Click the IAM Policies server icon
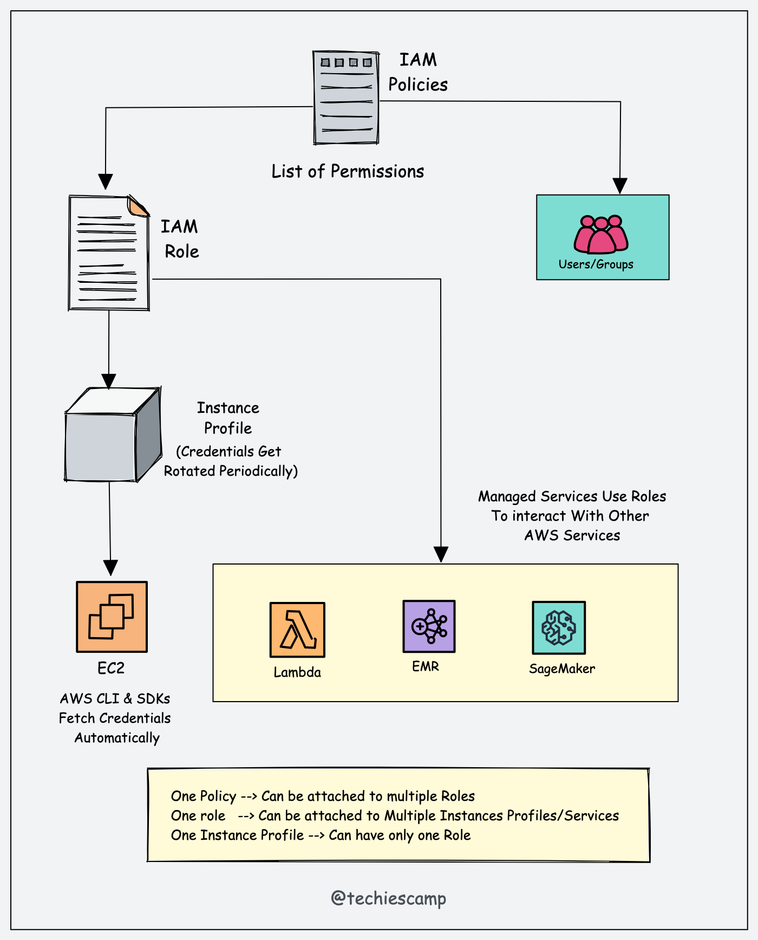point(346,98)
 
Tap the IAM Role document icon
point(109,254)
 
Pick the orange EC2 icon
point(112,617)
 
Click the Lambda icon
point(297,630)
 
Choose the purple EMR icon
point(429,626)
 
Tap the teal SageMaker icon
point(559,627)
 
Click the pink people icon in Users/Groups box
point(601,235)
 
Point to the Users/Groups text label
point(596,264)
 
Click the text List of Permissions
point(348,172)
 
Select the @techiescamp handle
point(388,898)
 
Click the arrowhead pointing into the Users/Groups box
point(619,186)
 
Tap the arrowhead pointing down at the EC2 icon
point(110,568)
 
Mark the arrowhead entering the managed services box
point(441,555)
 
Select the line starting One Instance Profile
point(321,835)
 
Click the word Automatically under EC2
point(117,738)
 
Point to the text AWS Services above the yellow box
point(572,535)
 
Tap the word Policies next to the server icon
point(417,85)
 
